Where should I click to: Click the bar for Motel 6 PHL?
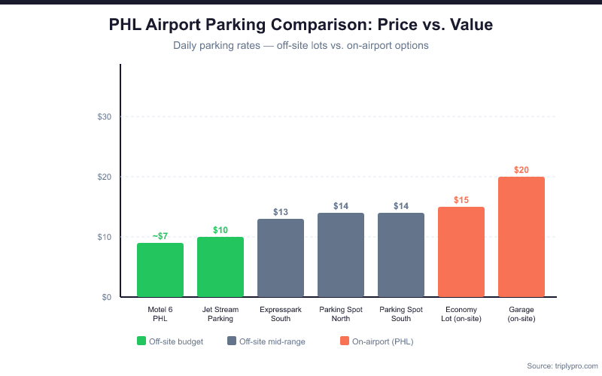(160, 270)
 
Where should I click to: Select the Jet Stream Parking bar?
(220, 267)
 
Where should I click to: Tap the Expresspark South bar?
(281, 258)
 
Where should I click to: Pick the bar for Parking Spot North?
(341, 255)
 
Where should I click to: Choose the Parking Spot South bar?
(401, 255)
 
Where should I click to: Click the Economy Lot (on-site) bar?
(461, 252)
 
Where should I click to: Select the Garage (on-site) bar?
(521, 237)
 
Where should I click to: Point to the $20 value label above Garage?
(521, 170)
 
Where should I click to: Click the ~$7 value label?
(160, 236)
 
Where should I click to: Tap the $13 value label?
(281, 212)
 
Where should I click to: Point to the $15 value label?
(461, 200)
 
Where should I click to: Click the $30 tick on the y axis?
(105, 117)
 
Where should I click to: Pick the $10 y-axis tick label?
(105, 237)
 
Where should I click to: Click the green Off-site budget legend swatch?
(141, 341)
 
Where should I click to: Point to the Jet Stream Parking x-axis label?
(220, 314)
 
